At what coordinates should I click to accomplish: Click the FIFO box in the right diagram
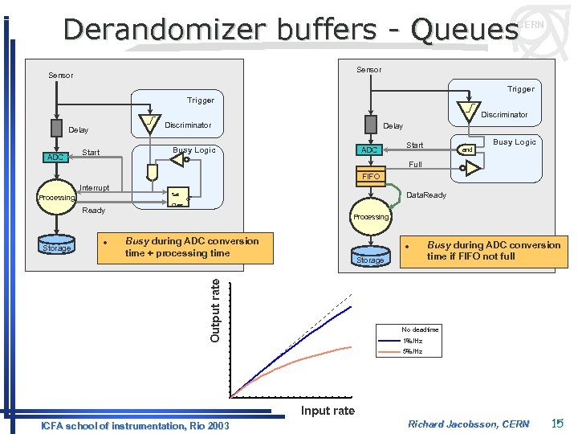coord(371,176)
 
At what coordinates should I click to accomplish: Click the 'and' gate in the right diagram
coord(466,149)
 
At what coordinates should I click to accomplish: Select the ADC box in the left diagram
coord(55,157)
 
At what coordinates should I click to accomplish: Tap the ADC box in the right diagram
coord(369,150)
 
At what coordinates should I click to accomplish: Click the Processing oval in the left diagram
coord(56,198)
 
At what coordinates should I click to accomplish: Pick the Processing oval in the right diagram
coord(371,217)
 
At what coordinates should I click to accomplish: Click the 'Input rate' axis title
coord(328,411)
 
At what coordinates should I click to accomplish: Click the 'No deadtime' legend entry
coord(420,330)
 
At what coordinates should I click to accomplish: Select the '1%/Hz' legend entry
coord(413,341)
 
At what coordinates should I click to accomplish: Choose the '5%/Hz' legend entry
coord(413,351)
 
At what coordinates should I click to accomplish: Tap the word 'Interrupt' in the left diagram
coord(95,188)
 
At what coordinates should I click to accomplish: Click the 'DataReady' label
coord(425,195)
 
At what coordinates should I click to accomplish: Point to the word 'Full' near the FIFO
coord(415,165)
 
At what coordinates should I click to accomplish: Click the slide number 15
coord(558,424)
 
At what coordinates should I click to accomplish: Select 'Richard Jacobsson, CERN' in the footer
coord(468,424)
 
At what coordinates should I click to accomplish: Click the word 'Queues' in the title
coord(463,30)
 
